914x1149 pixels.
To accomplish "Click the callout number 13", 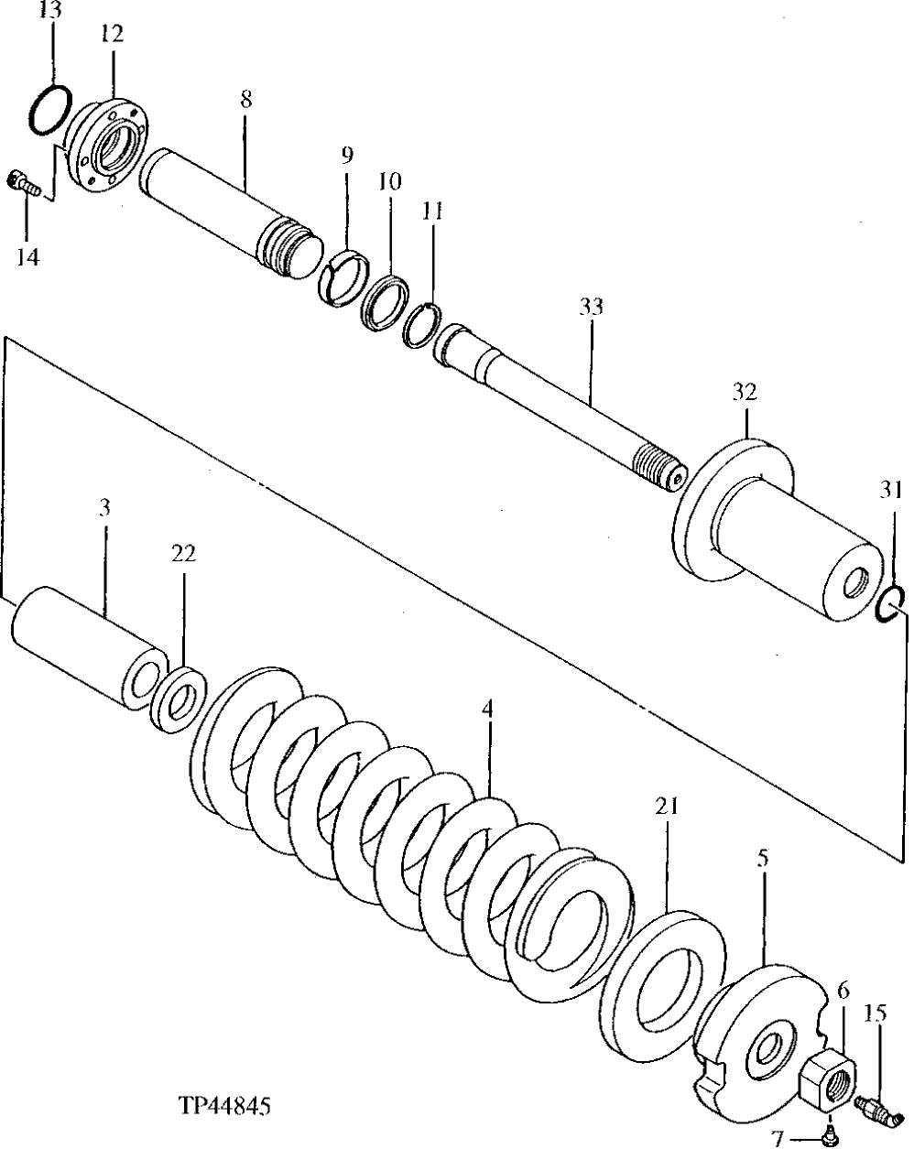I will tap(51, 12).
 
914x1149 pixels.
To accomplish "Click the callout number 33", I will tap(591, 307).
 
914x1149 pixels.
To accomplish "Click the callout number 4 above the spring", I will tap(488, 710).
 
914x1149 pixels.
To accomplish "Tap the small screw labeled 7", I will tap(828, 1135).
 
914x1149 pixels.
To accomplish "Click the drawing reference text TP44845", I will tap(226, 1106).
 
